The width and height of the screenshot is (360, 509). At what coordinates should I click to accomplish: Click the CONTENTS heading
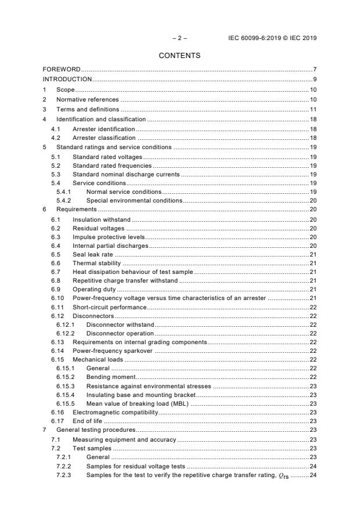179,56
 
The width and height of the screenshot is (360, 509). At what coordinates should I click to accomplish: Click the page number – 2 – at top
179,38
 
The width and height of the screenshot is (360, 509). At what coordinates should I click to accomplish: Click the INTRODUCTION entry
67,79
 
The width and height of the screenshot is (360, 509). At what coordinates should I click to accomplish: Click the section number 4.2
56,138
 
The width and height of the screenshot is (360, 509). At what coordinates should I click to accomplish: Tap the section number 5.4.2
63,200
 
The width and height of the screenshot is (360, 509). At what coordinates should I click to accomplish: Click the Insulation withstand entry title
101,219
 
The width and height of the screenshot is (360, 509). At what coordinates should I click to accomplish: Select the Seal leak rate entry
92,254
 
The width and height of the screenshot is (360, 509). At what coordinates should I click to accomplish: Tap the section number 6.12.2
66,334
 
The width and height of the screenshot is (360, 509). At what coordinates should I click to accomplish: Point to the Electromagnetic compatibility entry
115,412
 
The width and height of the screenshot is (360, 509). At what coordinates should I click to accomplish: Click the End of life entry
87,421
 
